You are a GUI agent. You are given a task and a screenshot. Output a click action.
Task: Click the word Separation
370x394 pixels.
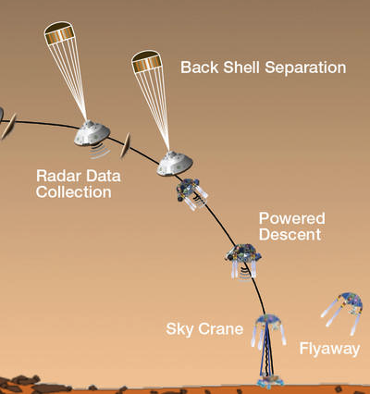(x=305, y=68)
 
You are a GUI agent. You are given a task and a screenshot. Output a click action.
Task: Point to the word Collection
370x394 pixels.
(x=73, y=191)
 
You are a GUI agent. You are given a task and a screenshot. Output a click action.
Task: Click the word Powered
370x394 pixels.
(x=291, y=218)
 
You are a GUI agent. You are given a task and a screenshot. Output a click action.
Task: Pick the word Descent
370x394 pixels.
(x=290, y=234)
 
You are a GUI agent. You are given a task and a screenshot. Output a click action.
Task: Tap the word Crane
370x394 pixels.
(x=220, y=329)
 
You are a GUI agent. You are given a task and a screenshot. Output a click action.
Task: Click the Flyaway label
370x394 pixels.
(x=329, y=350)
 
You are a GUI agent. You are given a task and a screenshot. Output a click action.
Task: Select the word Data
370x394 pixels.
(x=103, y=176)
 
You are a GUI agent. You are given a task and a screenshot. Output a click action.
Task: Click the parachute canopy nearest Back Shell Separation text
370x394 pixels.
(x=147, y=62)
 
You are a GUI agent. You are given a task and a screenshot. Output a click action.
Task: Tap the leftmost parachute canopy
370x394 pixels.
(x=59, y=32)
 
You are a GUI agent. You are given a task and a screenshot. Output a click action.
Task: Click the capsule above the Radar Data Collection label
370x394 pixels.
(x=92, y=133)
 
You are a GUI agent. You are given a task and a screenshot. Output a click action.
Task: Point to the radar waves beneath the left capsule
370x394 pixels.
(x=100, y=152)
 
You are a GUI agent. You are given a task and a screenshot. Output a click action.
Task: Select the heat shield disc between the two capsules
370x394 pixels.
(x=125, y=145)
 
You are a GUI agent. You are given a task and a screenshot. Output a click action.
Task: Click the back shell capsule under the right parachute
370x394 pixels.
(x=175, y=164)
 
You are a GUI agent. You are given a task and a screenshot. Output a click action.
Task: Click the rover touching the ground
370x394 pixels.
(x=270, y=380)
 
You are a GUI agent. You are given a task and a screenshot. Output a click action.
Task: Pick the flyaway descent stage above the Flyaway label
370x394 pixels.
(x=342, y=313)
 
